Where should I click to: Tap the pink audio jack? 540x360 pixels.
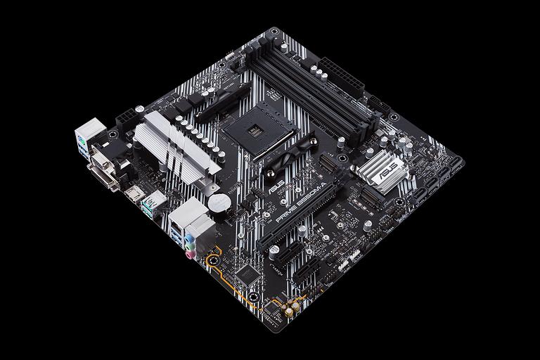(190, 256)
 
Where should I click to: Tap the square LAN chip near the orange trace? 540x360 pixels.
(247, 274)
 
